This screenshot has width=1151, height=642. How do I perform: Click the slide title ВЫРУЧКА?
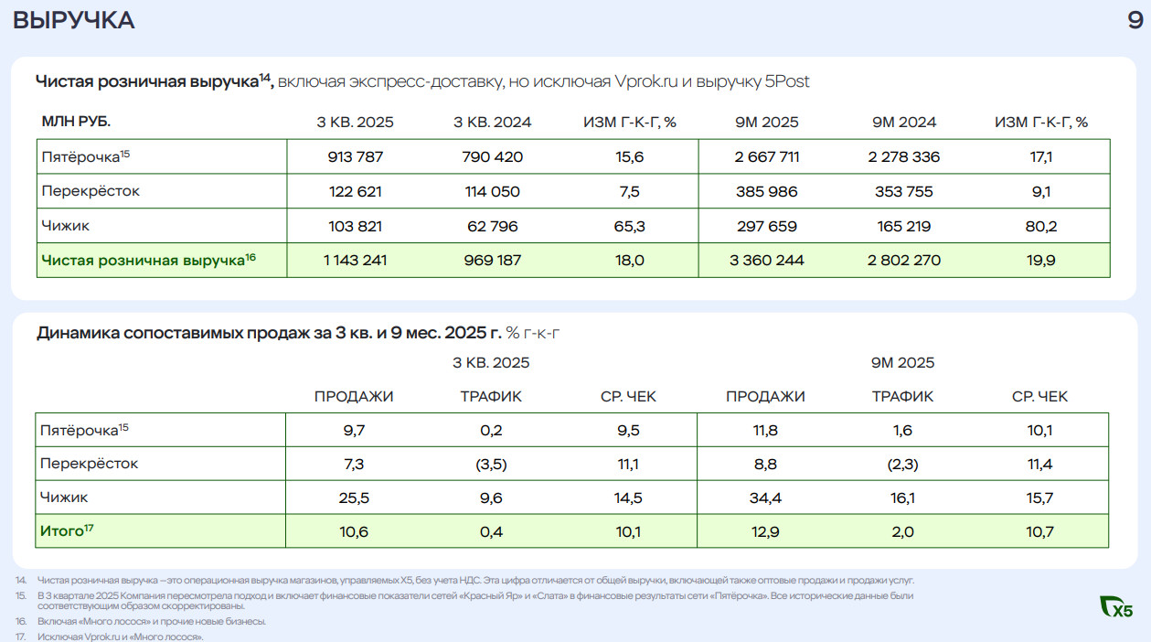[x=74, y=20]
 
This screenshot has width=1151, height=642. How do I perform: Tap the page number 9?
[x=1135, y=20]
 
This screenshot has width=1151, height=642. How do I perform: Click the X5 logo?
[x=1117, y=605]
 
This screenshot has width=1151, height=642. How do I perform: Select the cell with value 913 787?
[x=356, y=156]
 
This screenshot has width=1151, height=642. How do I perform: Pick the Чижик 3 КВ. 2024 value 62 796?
[x=492, y=226]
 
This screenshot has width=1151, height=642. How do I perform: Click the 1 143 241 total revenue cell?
[x=356, y=261]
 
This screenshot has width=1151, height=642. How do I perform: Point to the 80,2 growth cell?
[x=1040, y=226]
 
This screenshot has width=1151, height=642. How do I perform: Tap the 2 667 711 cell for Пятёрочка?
[x=766, y=156]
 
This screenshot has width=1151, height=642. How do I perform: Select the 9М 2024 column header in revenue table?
[x=903, y=122]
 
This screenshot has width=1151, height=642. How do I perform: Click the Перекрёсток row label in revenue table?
[x=91, y=191]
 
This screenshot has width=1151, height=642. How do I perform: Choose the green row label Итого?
[x=62, y=530]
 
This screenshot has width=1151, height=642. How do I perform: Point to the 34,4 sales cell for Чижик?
[x=765, y=498]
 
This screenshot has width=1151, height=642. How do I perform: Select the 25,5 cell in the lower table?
[x=354, y=498]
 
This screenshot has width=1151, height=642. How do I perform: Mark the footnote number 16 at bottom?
[x=19, y=622]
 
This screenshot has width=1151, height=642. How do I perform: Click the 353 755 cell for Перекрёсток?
[x=903, y=191]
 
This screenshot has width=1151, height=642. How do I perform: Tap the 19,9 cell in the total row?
[x=1040, y=261]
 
